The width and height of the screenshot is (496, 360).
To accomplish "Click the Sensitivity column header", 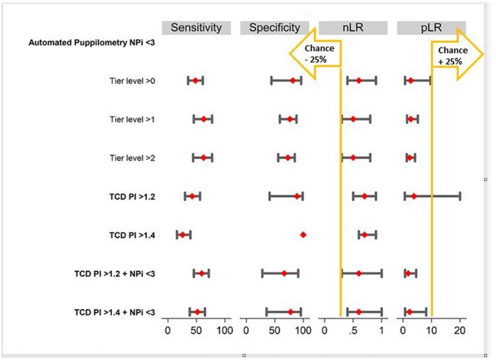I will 196,28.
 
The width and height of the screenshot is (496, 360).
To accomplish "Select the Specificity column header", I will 274,28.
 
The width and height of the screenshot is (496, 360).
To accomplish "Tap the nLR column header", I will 353,28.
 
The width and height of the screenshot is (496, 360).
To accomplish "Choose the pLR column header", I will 431,28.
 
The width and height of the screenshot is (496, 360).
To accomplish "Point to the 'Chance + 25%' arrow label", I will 450,52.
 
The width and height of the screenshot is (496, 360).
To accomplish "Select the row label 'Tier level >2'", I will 132,157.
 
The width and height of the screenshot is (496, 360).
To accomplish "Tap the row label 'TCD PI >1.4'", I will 132,235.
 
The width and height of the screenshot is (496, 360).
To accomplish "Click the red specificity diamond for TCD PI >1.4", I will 303,235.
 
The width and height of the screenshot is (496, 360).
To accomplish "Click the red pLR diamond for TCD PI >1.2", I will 414,197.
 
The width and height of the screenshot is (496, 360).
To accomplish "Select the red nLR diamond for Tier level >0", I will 359,81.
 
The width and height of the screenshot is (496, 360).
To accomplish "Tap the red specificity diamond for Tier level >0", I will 292,81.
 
